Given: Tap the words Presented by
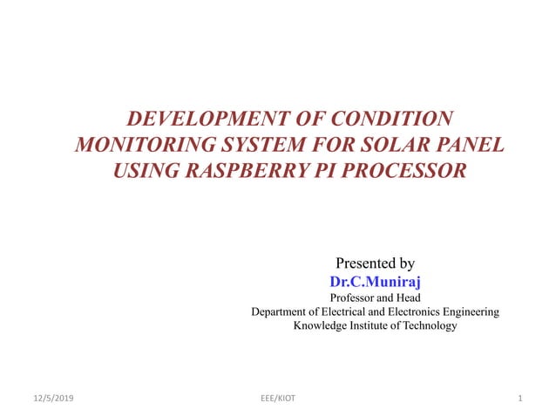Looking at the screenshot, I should click(x=375, y=263).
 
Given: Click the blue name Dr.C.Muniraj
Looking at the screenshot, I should click(x=375, y=282).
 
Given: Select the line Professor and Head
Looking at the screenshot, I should click(x=375, y=297).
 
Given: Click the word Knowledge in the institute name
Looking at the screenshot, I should click(x=322, y=325).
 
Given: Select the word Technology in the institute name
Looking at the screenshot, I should click(x=424, y=325).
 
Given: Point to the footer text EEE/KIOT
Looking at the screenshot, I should click(x=278, y=399).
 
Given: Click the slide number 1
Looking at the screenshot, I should click(x=519, y=399).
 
